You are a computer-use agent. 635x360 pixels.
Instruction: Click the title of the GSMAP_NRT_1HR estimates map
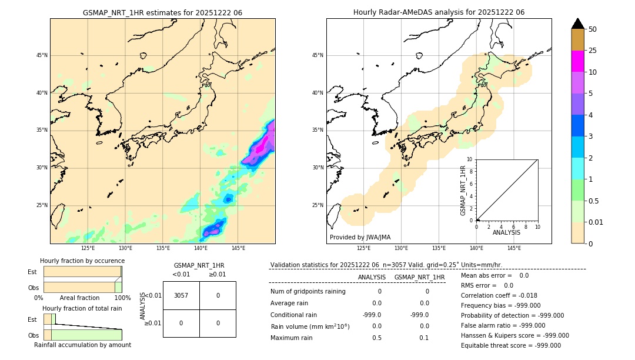pos(162,12)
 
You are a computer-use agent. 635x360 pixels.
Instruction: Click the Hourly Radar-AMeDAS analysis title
pos(439,12)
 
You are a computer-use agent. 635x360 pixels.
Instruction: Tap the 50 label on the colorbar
pos(593,29)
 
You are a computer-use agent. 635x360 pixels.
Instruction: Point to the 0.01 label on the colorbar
pos(596,222)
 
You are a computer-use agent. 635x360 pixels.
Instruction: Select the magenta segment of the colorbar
pos(577,61)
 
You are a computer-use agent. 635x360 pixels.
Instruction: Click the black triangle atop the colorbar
pos(577,24)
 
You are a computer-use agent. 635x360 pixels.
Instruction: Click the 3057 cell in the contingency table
pos(181,295)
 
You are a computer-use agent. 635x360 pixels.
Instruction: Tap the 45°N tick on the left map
pos(42,55)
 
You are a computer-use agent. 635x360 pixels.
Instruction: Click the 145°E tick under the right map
pos(514,248)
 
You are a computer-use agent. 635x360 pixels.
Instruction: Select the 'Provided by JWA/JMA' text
pos(360,237)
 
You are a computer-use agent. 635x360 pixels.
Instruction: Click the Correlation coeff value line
pos(499,295)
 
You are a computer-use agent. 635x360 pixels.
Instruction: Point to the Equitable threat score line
pos(511,345)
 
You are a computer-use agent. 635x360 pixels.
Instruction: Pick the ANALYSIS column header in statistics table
pos(372,277)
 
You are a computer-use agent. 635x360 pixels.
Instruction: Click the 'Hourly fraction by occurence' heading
pos(82,261)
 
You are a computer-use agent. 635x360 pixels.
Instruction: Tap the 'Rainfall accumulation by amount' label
pos(82,345)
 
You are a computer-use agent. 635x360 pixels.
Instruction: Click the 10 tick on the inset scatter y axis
pos(470,159)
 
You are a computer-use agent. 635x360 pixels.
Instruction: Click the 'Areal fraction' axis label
pos(80,298)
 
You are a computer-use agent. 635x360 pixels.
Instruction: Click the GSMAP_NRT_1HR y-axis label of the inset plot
pos(463,190)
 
